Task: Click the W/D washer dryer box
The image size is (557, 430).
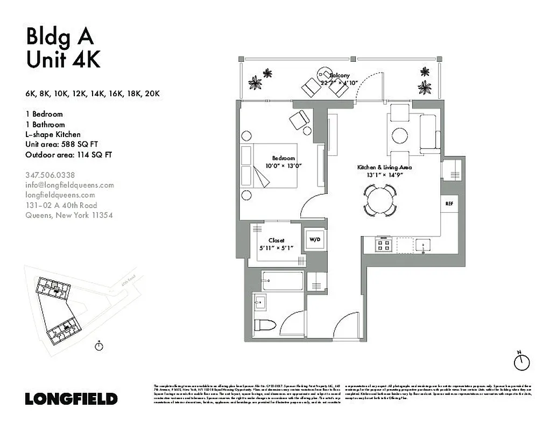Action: (x=315, y=239)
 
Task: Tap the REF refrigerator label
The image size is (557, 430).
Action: (x=448, y=204)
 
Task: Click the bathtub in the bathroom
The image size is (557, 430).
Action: (x=283, y=281)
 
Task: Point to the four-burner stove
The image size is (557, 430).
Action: (x=384, y=245)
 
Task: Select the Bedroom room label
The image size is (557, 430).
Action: (x=284, y=159)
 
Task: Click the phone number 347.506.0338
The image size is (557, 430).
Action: (x=50, y=175)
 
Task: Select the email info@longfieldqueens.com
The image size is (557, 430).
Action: (x=70, y=185)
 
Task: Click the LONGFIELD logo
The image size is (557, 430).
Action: (x=71, y=399)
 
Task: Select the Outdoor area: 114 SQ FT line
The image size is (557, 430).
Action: (x=68, y=155)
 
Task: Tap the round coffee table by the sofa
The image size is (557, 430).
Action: (x=399, y=135)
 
